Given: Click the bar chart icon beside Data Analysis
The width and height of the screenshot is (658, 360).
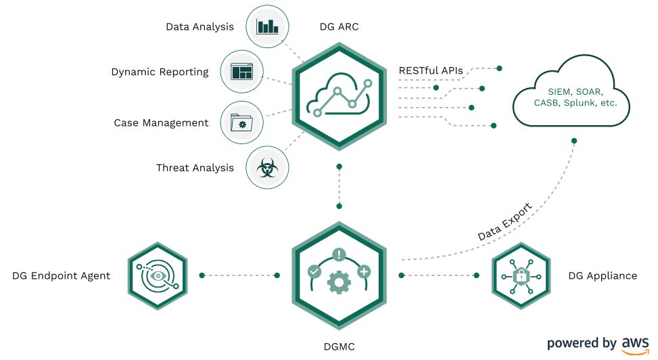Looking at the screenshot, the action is click(x=267, y=26).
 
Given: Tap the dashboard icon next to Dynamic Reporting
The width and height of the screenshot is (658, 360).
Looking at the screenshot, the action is click(x=241, y=72).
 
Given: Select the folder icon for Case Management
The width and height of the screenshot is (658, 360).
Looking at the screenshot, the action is click(x=241, y=122).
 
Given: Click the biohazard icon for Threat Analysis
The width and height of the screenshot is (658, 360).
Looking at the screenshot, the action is click(x=267, y=168).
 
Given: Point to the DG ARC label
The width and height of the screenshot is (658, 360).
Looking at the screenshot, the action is click(x=339, y=27).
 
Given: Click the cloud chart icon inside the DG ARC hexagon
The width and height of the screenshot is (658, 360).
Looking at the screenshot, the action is click(x=339, y=96).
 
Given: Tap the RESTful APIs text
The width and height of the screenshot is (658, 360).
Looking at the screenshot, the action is click(x=431, y=70).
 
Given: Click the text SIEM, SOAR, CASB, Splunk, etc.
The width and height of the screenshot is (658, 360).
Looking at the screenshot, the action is click(x=575, y=97).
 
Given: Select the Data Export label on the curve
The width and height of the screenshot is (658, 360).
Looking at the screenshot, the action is click(x=505, y=222).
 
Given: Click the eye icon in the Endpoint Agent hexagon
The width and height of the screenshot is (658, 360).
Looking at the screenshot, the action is click(x=158, y=275).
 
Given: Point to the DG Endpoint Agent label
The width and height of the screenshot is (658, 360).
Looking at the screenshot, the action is click(x=62, y=276).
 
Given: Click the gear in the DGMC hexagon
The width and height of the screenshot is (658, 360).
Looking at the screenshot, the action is click(x=339, y=282).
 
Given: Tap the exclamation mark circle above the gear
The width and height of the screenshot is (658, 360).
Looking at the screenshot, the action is click(x=339, y=254).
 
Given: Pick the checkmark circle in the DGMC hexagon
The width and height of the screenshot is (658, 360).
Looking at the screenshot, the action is click(x=314, y=271).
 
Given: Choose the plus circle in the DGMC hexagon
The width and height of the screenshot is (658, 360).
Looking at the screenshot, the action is click(x=363, y=271).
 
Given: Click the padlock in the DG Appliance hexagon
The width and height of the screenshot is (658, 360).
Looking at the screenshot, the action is click(x=521, y=275).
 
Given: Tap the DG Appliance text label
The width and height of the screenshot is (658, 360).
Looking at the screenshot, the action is click(x=603, y=276).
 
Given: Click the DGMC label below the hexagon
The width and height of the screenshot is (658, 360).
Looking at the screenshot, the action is click(x=339, y=347).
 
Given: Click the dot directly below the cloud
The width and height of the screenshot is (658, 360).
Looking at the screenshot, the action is click(x=574, y=141).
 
